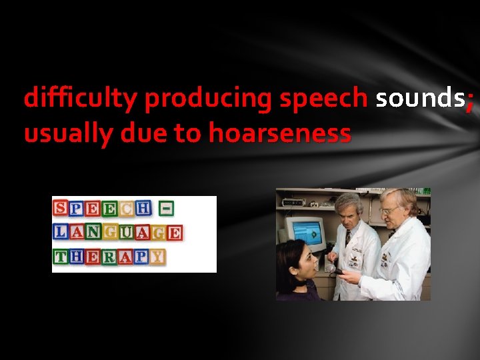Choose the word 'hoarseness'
(x=279, y=133)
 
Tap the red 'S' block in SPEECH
(x=60, y=208)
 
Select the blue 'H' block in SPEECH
(x=143, y=208)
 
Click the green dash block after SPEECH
(x=167, y=208)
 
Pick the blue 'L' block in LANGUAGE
(x=60, y=232)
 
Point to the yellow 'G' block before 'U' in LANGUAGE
(x=111, y=233)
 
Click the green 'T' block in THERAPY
(x=60, y=257)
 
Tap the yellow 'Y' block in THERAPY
(x=157, y=257)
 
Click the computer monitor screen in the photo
(x=307, y=231)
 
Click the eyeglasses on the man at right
(x=389, y=209)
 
